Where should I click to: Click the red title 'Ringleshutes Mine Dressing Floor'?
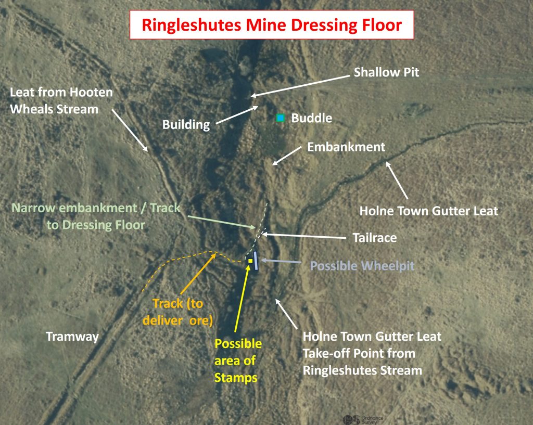point(272,25)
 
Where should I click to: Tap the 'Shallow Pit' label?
point(386,72)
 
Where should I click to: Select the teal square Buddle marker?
point(281,118)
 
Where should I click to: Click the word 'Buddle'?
point(311,118)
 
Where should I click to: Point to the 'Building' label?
point(186,125)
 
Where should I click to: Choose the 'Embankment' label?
point(346,147)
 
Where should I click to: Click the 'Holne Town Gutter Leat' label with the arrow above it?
point(429,211)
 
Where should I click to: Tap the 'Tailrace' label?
point(374,238)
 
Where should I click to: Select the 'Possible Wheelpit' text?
point(362,266)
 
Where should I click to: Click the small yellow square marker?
point(250,261)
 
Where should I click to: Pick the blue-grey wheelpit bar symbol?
point(256,260)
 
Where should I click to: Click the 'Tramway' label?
point(72,337)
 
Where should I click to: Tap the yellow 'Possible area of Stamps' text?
point(238,360)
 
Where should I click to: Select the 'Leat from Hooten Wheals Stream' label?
point(61,100)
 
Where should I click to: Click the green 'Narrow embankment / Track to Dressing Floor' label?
point(96,216)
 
